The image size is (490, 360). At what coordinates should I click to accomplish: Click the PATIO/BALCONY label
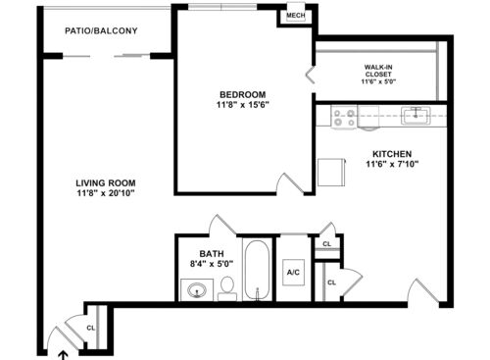coord(101,30)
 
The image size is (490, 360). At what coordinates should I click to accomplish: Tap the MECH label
coord(296,16)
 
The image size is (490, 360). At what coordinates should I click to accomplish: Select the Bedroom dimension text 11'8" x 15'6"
coord(242,105)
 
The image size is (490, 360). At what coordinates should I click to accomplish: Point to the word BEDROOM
coord(242,95)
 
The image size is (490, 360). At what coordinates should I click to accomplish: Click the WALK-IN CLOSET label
coord(378,71)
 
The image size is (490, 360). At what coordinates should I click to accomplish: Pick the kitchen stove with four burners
coord(344,117)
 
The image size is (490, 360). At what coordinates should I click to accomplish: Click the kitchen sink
coord(416,116)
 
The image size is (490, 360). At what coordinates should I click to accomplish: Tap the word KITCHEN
coord(392,154)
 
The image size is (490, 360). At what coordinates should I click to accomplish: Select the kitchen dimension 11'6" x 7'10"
coord(392,164)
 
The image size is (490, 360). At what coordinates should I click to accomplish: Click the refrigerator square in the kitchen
coord(331,172)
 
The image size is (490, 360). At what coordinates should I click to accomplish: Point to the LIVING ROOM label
coord(106,183)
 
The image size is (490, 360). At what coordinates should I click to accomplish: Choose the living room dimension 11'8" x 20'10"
coord(106,193)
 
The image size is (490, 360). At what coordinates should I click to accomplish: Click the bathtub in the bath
coord(258,270)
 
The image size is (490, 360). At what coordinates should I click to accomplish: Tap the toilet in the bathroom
coord(227,288)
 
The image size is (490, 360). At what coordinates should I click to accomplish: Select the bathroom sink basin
coord(197,289)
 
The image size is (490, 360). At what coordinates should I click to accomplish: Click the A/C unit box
coord(293,273)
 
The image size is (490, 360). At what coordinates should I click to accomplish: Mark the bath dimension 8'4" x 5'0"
coord(212,264)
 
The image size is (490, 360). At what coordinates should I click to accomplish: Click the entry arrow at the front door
coord(63,356)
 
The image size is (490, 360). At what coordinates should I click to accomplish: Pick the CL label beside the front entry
coord(90,328)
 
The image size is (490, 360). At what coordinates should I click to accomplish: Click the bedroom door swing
coord(290,184)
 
